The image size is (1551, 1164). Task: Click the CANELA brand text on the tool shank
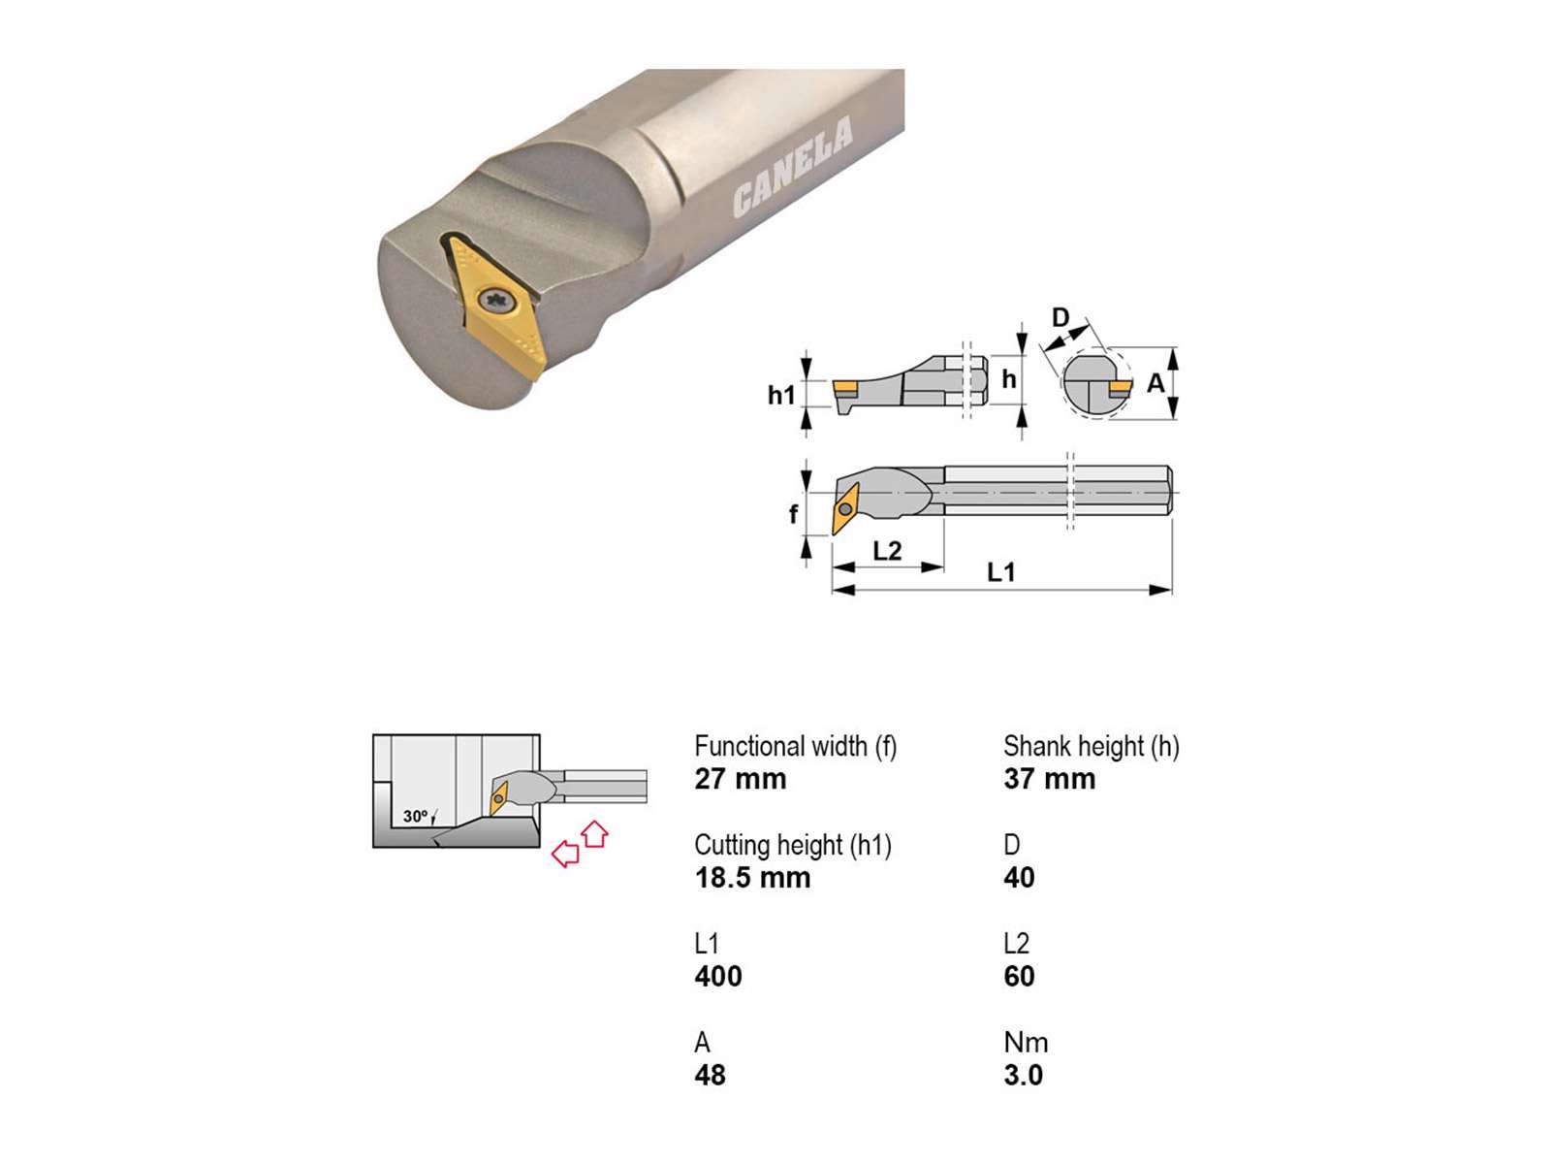click(x=792, y=168)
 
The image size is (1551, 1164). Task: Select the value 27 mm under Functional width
click(x=741, y=779)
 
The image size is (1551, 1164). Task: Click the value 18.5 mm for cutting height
click(x=752, y=878)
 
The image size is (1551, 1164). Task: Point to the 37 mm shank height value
click(x=1049, y=779)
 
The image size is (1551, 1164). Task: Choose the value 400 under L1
click(x=718, y=977)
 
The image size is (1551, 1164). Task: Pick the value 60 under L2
click(x=1019, y=977)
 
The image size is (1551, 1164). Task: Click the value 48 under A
click(x=710, y=1076)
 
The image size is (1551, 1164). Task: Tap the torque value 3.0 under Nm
click(x=1023, y=1076)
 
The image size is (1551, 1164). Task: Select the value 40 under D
click(x=1019, y=878)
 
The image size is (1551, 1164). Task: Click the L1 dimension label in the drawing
click(x=1000, y=572)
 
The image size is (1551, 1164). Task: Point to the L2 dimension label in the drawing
click(x=887, y=551)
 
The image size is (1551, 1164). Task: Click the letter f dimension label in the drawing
click(x=793, y=514)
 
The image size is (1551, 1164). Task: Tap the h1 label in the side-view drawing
click(x=780, y=395)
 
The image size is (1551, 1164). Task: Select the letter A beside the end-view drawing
click(x=1155, y=384)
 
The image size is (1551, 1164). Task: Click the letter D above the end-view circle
click(x=1060, y=317)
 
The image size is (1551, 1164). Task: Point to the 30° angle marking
click(x=416, y=817)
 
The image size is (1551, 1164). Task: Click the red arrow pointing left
click(x=564, y=854)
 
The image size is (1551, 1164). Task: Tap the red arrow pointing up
click(x=595, y=833)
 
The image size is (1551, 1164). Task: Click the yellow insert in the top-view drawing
click(x=844, y=509)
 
